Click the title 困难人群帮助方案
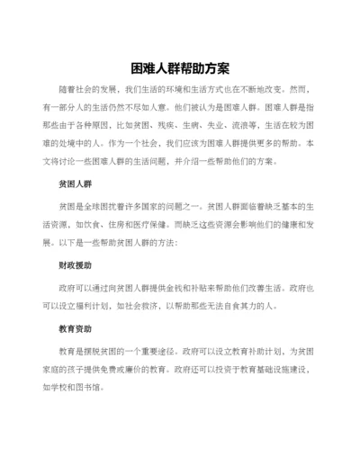(180, 67)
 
